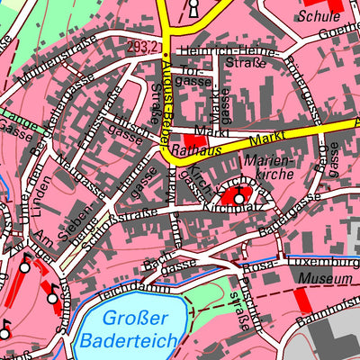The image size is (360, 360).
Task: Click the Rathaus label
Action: click(x=191, y=153)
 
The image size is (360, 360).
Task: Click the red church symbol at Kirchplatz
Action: click(x=238, y=194)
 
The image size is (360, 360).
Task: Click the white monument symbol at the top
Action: click(x=192, y=8)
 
